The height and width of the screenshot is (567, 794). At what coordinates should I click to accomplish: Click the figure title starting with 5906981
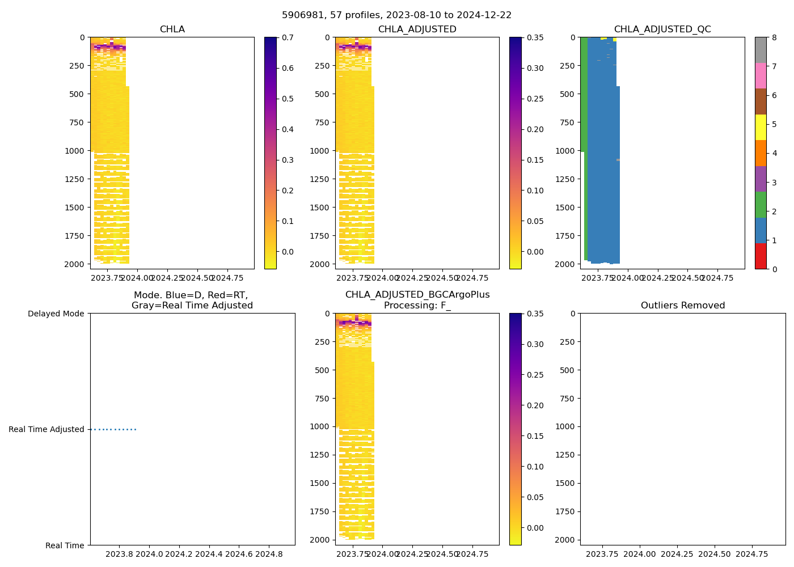(396, 15)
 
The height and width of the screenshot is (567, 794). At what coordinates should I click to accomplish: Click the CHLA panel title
(172, 29)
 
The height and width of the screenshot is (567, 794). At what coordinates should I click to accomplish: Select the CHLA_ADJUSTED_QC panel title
(662, 29)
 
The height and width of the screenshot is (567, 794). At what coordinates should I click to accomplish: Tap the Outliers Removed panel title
(682, 306)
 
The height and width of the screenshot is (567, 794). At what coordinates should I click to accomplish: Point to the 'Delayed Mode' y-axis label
(56, 314)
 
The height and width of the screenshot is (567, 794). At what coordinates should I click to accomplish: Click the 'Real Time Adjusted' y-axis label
(47, 430)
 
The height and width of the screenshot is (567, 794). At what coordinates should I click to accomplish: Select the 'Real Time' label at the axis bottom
(65, 545)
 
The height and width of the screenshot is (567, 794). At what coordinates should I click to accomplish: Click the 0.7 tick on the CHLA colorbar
(288, 37)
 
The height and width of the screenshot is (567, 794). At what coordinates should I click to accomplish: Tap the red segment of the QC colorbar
(761, 256)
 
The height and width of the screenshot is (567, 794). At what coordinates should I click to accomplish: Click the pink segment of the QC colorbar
(761, 75)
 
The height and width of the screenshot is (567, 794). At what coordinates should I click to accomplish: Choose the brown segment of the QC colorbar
(761, 101)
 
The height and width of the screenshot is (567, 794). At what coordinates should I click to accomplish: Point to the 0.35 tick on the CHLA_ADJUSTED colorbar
(535, 37)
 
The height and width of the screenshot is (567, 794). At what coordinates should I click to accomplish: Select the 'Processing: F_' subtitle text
(417, 306)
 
